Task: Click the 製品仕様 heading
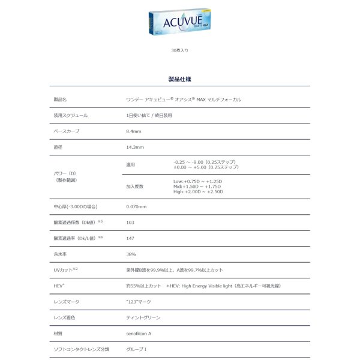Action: pyautogui.click(x=180, y=79)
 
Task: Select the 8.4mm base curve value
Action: pyautogui.click(x=133, y=131)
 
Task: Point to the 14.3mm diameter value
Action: pyautogui.click(x=134, y=147)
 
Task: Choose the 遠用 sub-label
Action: pyautogui.click(x=131, y=164)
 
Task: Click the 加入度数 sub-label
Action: pyautogui.click(x=134, y=186)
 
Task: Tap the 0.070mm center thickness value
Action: pyautogui.click(x=136, y=206)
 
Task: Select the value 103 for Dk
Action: pyautogui.click(x=130, y=222)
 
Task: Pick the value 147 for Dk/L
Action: pyautogui.click(x=130, y=238)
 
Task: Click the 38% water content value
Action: pyautogui.click(x=130, y=254)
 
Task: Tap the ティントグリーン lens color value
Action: pyautogui.click(x=143, y=317)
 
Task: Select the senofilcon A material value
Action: pyautogui.click(x=139, y=332)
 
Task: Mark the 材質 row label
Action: pyautogui.click(x=58, y=332)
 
